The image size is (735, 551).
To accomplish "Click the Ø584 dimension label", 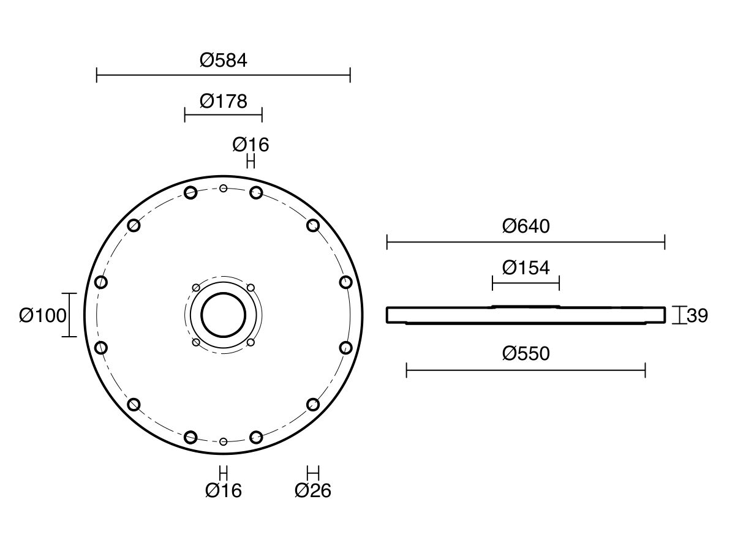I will click(x=223, y=60).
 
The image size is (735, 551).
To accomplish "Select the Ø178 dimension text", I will click(x=223, y=100).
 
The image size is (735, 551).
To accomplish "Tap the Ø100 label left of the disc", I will click(x=42, y=316).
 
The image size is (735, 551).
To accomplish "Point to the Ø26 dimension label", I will click(x=312, y=490).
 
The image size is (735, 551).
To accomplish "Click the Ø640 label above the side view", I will click(x=526, y=227).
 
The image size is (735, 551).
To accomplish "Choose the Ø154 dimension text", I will click(x=526, y=268).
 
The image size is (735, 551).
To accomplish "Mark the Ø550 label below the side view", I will click(x=526, y=354).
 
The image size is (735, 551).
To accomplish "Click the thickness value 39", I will click(x=697, y=316).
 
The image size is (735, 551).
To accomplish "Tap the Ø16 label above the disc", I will click(x=251, y=145).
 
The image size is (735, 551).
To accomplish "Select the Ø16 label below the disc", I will click(x=224, y=490).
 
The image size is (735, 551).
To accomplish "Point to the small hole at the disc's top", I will click(x=224, y=188).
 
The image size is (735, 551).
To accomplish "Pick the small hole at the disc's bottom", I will click(x=224, y=441).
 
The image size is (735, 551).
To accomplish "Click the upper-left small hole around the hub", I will click(x=196, y=288).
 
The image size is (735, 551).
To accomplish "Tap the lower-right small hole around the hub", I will click(x=251, y=342).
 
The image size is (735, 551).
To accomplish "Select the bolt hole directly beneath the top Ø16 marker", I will click(x=256, y=193).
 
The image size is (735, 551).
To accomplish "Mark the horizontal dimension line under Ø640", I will click(x=526, y=242).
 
